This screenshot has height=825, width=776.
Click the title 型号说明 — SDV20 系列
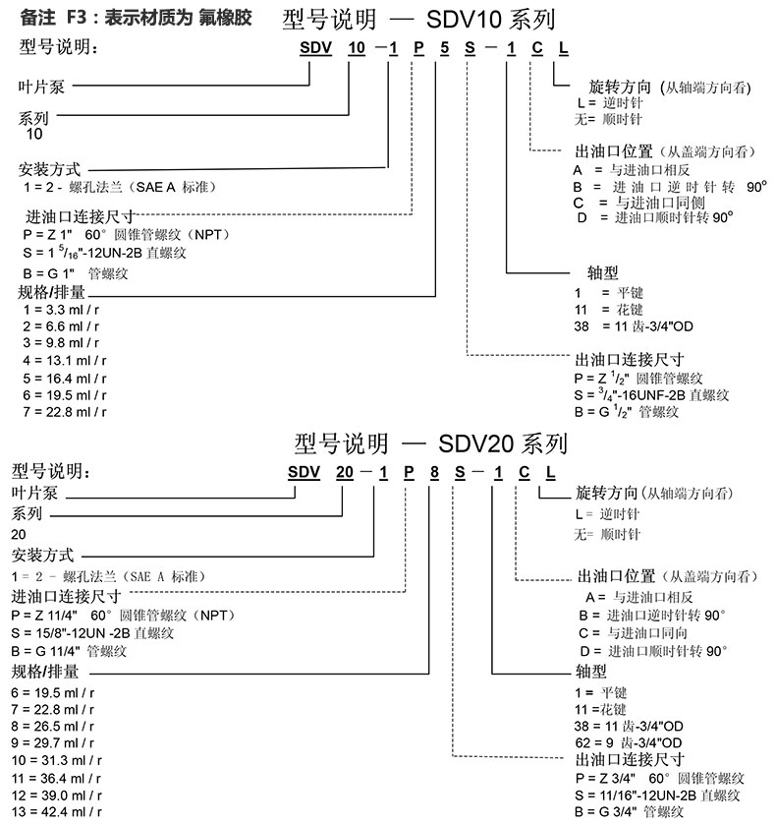coord(432,443)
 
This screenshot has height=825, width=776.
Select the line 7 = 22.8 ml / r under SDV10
coord(64,411)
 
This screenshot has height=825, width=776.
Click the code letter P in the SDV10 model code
coord(416,48)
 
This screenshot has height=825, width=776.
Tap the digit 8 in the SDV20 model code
coord(433,473)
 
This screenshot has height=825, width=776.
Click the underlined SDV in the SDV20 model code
coord(305,473)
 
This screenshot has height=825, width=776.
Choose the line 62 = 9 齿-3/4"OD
coord(630,742)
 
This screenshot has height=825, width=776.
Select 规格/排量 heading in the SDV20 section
coord(45,673)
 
